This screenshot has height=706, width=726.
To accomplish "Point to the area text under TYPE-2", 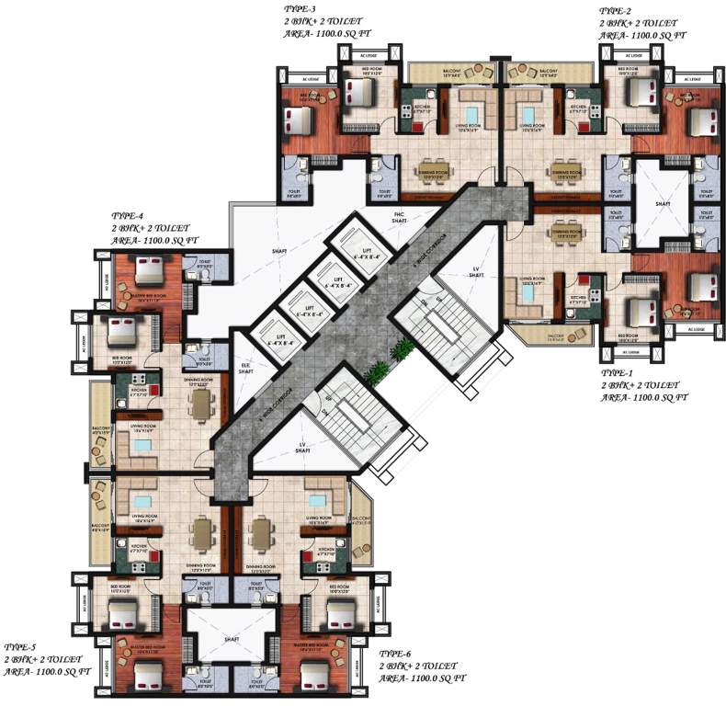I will pos(642,35).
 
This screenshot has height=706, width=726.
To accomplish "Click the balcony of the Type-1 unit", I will pos(554,337).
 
